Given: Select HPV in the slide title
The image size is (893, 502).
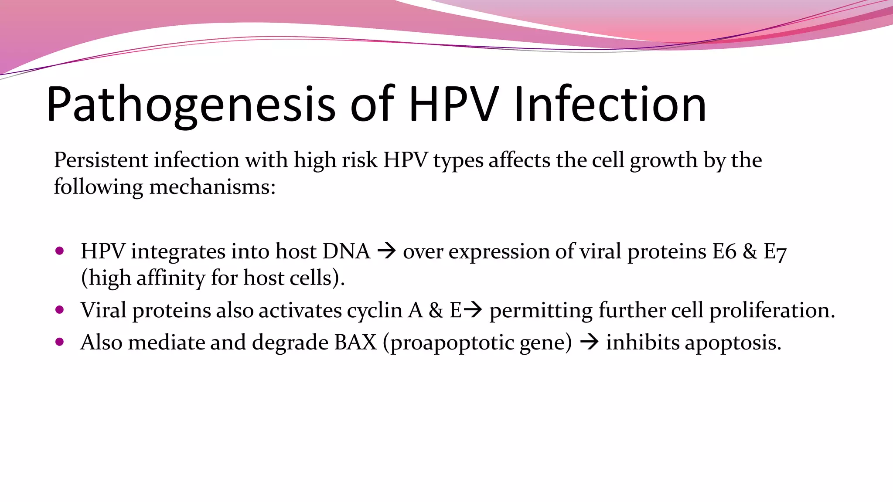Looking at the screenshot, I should (x=453, y=105).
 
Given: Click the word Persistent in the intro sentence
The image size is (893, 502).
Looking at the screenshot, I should (x=101, y=160).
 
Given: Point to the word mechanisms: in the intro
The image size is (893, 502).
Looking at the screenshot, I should (x=212, y=187).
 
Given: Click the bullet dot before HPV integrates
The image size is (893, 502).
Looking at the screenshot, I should (x=60, y=251).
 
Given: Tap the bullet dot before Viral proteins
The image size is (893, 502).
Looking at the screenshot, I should (x=60, y=310).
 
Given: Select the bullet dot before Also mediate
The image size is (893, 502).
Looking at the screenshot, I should (x=60, y=342).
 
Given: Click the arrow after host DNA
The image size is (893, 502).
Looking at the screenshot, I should (x=386, y=251).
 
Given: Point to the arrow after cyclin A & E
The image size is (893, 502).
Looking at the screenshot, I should (x=473, y=310).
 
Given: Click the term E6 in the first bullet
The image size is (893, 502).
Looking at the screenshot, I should (x=724, y=251).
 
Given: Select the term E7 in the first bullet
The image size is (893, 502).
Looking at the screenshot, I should (x=775, y=252).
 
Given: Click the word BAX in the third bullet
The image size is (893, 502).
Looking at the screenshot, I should (x=355, y=342).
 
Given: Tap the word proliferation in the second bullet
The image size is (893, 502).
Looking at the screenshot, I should (x=772, y=311).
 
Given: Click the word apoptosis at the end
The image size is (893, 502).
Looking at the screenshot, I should (x=733, y=343).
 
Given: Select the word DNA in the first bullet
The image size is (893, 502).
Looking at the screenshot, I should (x=346, y=251).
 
